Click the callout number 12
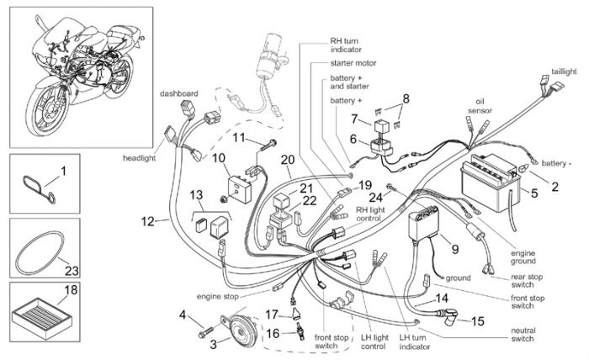point(147,221)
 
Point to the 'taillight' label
point(564,71)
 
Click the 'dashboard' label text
point(178,93)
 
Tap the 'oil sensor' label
point(480,106)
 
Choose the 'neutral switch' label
point(523,335)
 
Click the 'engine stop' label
point(217,296)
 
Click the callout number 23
point(72,270)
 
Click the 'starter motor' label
point(353,63)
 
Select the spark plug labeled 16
point(300,332)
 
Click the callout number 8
point(406,98)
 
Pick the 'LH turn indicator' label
point(414,342)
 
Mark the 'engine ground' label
point(523,257)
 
